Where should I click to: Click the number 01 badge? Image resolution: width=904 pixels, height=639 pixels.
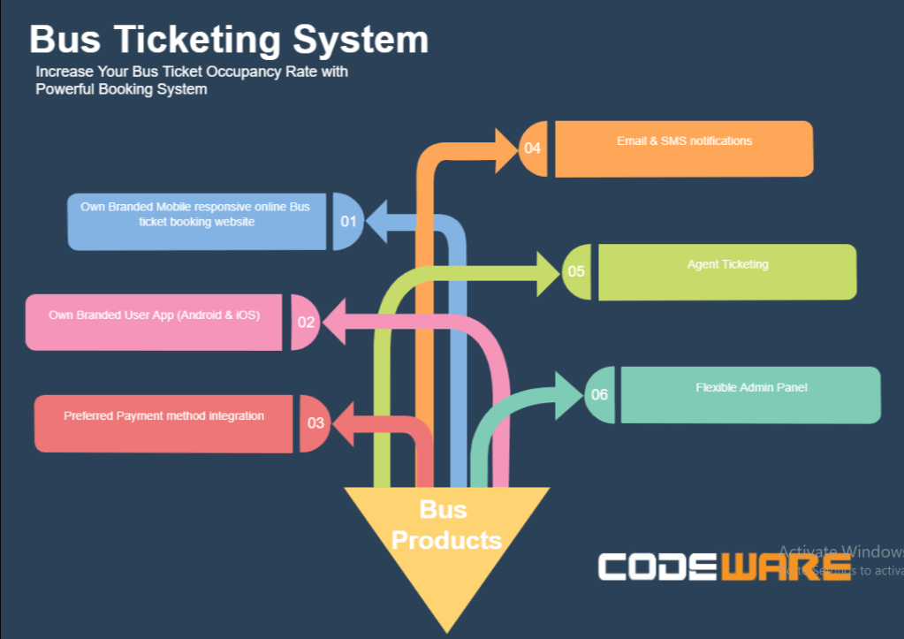point(347,221)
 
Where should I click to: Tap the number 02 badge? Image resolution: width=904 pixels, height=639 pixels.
point(306,322)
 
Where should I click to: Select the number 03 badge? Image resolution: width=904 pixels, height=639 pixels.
point(315,422)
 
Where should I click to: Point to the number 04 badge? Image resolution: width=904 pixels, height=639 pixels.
point(532,148)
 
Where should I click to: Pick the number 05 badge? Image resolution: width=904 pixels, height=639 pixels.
point(576,271)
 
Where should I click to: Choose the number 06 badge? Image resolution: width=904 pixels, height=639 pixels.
point(599,394)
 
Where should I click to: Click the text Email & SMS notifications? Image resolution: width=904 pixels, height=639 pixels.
point(684,141)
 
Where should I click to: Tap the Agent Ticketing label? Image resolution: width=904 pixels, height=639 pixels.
point(727,264)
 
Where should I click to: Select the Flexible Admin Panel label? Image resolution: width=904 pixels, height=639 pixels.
point(751,387)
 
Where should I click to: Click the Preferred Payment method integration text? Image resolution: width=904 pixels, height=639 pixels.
point(163,415)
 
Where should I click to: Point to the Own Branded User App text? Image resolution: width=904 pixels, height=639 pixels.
point(155,314)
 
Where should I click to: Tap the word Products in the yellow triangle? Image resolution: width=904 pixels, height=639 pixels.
point(445,539)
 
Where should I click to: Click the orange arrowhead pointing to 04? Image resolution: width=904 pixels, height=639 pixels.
point(505,149)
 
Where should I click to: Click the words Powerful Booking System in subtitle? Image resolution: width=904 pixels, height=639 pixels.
point(121,89)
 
